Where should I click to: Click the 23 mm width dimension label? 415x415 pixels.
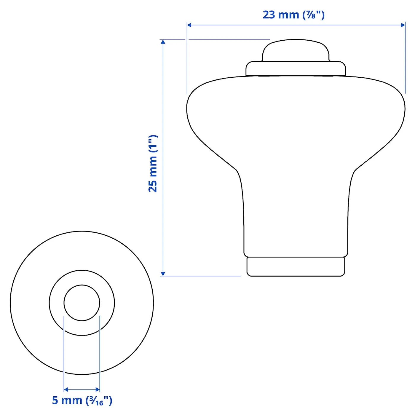point(293,15)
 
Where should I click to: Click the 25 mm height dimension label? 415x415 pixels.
point(153,163)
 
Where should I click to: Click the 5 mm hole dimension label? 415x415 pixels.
point(82,400)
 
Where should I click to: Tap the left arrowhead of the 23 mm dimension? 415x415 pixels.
point(189,25)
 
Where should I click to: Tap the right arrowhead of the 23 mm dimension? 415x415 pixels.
point(403,25)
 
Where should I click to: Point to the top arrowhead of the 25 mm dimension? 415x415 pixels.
point(163,42)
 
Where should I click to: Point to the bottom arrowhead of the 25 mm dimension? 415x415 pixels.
point(163,274)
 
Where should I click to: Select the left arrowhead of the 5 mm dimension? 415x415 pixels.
point(66,390)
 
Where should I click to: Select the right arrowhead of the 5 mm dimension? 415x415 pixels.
point(98,390)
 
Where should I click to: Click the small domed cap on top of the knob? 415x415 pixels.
point(296,50)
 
